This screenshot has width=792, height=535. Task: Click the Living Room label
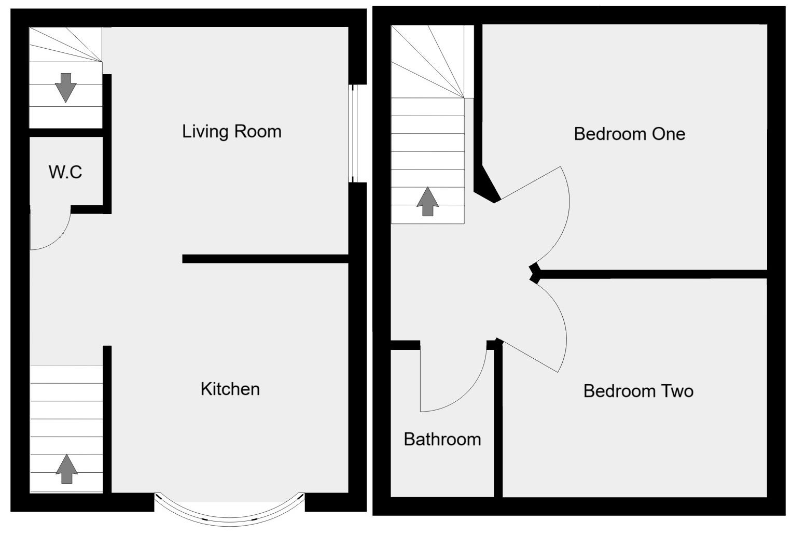231,131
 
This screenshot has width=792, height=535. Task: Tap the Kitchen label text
230,389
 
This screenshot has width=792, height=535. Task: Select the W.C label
65,172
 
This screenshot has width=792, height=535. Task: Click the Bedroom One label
629,134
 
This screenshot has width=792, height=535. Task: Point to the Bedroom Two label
638,391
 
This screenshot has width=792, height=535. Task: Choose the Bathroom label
442,440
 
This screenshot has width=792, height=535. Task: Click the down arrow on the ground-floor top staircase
65,87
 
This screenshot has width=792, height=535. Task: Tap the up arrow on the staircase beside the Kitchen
66,469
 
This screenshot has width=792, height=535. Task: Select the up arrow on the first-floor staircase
427,202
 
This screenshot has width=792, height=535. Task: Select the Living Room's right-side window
353,133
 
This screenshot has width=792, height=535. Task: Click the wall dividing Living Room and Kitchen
265,259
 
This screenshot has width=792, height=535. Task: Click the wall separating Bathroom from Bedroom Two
498,420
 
